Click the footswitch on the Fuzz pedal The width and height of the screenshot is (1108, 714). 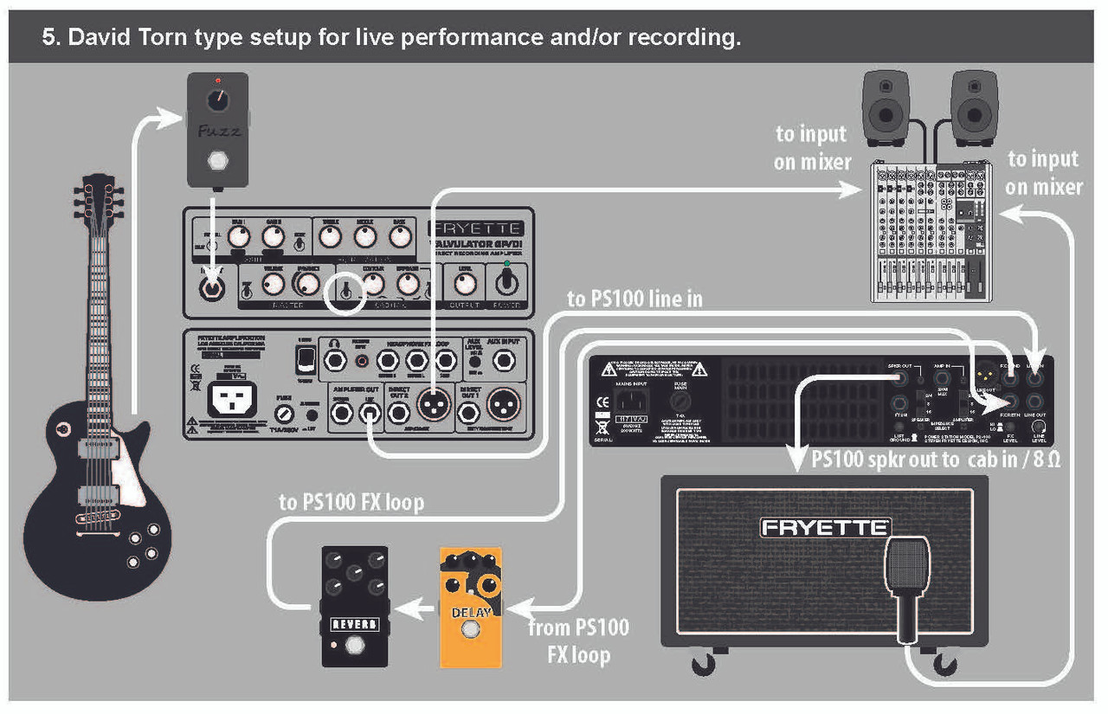click(x=217, y=163)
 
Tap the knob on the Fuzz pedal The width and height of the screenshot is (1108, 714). click(x=217, y=101)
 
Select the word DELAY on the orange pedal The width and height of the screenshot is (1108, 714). click(x=471, y=613)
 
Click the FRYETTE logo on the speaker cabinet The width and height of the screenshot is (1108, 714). click(x=824, y=527)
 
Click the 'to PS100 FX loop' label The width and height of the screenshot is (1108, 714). click(x=351, y=503)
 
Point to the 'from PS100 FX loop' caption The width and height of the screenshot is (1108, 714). click(x=578, y=640)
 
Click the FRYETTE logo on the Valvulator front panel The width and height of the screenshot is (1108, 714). click(x=475, y=228)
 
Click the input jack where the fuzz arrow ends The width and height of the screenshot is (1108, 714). click(x=210, y=286)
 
